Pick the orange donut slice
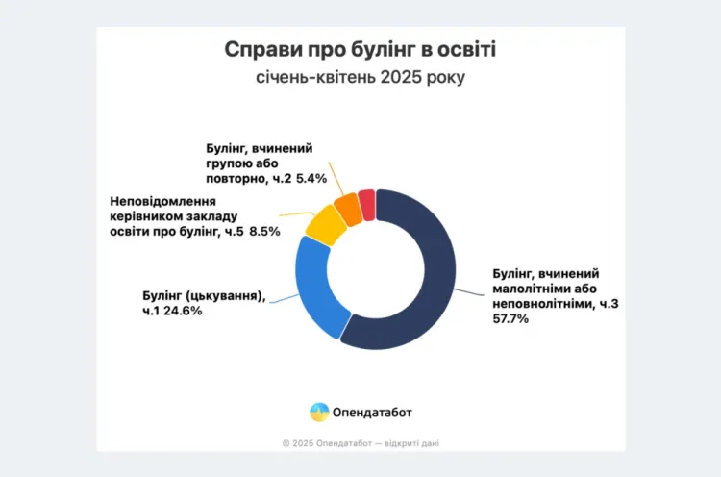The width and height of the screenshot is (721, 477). (x=348, y=208)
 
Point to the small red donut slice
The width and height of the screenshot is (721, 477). (x=366, y=203)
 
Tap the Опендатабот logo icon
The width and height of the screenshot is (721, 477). (x=318, y=412)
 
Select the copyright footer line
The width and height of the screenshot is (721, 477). (x=360, y=443)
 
